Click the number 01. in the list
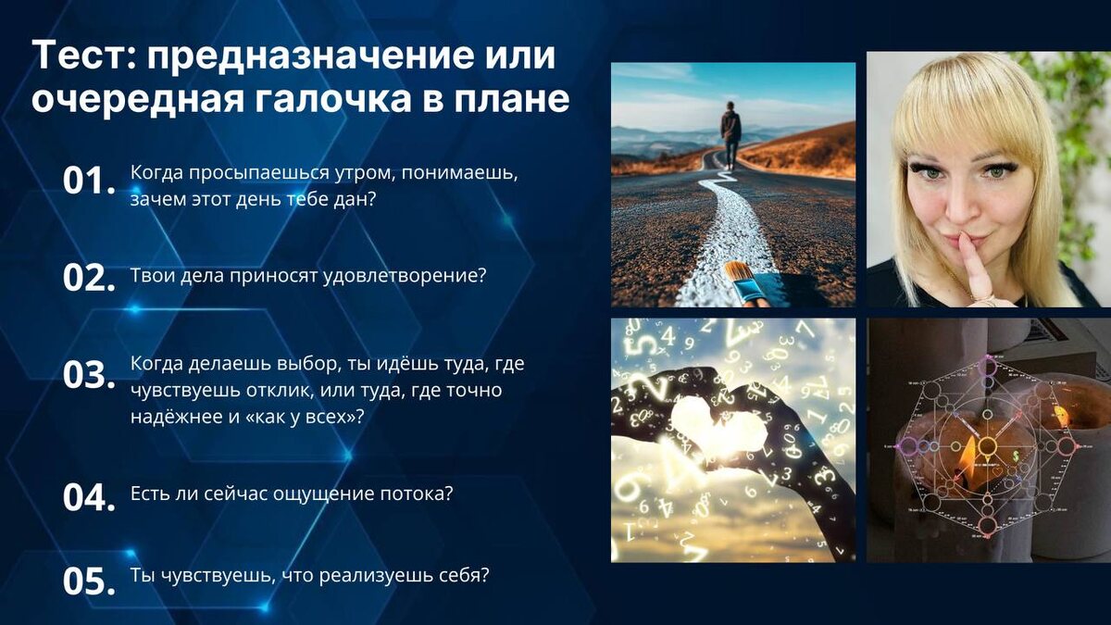click(x=89, y=181)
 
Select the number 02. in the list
click(x=89, y=278)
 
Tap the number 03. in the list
click(x=89, y=374)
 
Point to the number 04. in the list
click(x=89, y=497)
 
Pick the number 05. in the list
click(x=89, y=581)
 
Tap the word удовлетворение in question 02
click(x=405, y=276)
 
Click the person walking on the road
click(x=730, y=134)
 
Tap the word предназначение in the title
click(x=351, y=56)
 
